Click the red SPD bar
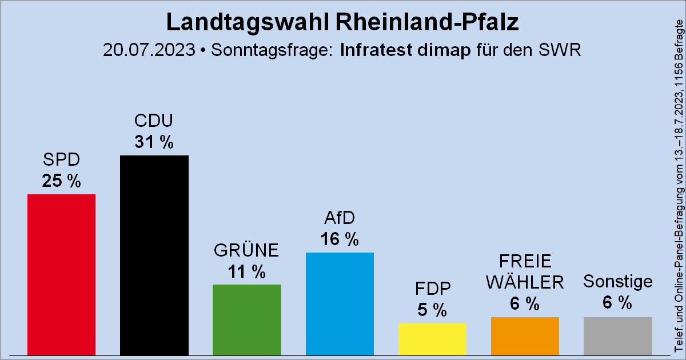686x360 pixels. click(62, 274)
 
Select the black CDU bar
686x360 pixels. click(154, 255)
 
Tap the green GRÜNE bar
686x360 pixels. click(247, 319)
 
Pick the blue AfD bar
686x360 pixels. click(340, 303)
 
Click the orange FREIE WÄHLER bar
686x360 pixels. click(525, 336)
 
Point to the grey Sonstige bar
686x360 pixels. click(617, 336)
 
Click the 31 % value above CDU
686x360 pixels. click(154, 142)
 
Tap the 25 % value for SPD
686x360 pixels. click(62, 181)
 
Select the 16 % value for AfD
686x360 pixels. click(340, 239)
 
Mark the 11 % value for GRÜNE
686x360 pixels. click(247, 272)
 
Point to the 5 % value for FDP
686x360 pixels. click(432, 310)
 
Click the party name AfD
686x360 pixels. click(340, 219)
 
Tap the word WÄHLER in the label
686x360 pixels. click(525, 282)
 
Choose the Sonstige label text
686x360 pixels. click(617, 281)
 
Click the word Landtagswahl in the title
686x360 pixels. click(247, 22)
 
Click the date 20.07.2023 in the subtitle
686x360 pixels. click(149, 50)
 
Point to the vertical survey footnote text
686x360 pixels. click(679, 186)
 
